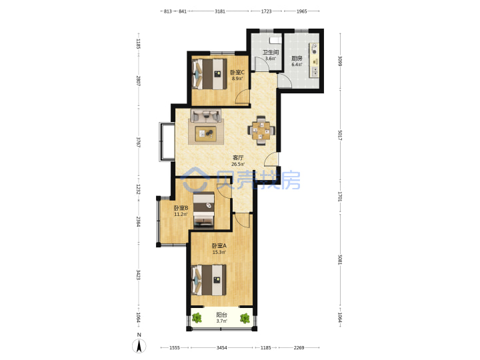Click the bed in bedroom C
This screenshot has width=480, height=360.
(x=209, y=74)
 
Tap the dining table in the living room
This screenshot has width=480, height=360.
(x=261, y=131)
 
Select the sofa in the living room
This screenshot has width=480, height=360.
(x=206, y=116)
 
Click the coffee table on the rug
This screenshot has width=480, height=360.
(x=206, y=134)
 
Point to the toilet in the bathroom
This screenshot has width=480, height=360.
(x=275, y=41)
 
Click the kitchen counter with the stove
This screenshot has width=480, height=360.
(x=315, y=59)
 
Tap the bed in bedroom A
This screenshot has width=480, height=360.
(x=209, y=281)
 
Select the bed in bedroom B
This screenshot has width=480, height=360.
(x=203, y=210)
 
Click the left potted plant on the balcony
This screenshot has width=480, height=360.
(x=197, y=318)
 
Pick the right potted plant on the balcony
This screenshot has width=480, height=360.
(x=245, y=319)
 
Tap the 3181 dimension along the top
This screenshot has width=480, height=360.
(x=220, y=11)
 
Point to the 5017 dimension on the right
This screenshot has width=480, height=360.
(x=340, y=135)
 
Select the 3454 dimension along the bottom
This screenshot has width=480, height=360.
(x=221, y=348)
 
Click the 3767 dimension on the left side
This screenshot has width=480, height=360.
(x=139, y=143)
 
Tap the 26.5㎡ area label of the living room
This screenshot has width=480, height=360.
(x=238, y=164)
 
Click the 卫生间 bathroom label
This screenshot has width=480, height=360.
(x=271, y=53)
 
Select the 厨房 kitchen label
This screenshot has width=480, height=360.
(x=297, y=58)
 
